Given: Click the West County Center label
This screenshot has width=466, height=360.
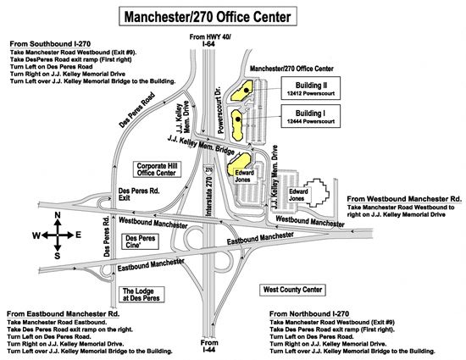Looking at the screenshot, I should point(293,290).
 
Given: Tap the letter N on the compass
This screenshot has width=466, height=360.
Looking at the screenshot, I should point(56,216).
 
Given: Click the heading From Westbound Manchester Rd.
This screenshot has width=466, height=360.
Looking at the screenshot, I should point(403,198).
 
